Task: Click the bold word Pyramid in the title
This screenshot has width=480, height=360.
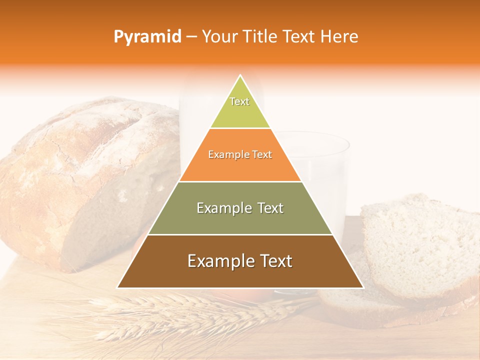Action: (147, 37)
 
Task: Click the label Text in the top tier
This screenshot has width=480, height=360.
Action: (239, 101)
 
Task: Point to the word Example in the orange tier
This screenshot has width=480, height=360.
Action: (225, 155)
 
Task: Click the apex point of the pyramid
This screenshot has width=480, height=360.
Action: (240, 76)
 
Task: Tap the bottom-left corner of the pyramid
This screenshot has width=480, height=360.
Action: (118, 287)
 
